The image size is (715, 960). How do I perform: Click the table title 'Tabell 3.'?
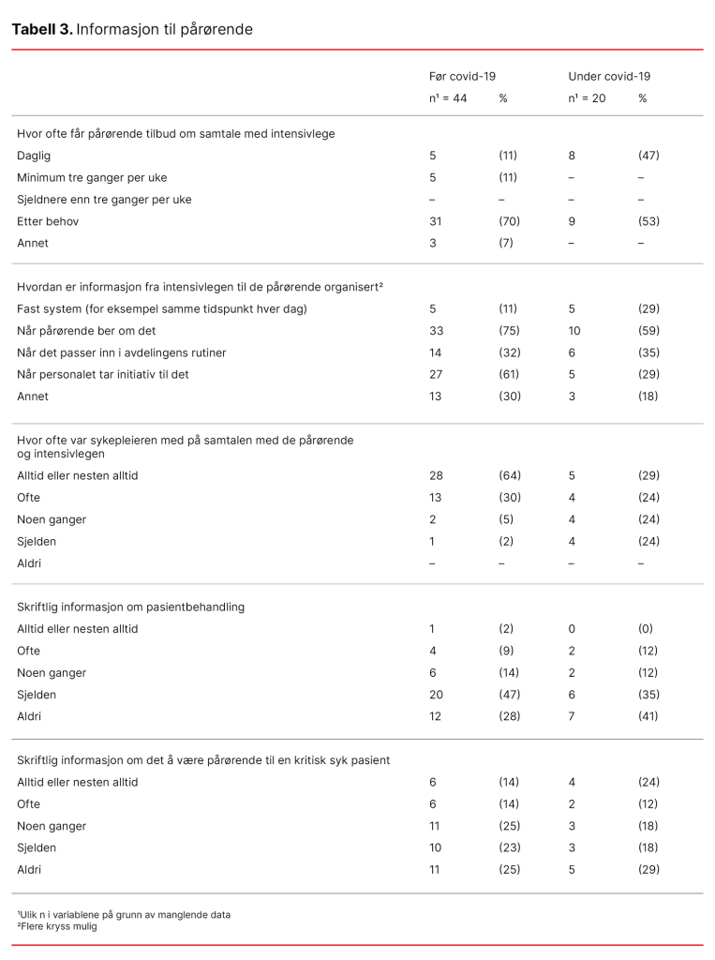[41, 29]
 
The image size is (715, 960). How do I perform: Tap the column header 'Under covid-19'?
[609, 76]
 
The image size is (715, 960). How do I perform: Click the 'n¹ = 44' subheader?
[448, 97]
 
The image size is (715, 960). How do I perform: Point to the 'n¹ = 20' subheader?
[587, 97]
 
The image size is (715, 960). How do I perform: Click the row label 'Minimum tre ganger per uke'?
[92, 177]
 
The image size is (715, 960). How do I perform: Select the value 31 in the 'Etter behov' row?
[436, 221]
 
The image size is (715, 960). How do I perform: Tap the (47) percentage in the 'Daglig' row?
[648, 156]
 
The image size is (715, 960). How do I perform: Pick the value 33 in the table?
[436, 330]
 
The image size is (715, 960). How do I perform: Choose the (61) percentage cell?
[510, 374]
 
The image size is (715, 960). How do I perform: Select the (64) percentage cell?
[510, 475]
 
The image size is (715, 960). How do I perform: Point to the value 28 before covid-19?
[436, 475]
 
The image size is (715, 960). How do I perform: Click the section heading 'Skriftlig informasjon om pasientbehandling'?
[130, 607]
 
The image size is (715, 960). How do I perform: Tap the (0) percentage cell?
[646, 629]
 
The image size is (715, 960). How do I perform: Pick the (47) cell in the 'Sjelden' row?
[510, 695]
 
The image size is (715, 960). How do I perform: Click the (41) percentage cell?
[648, 716]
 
